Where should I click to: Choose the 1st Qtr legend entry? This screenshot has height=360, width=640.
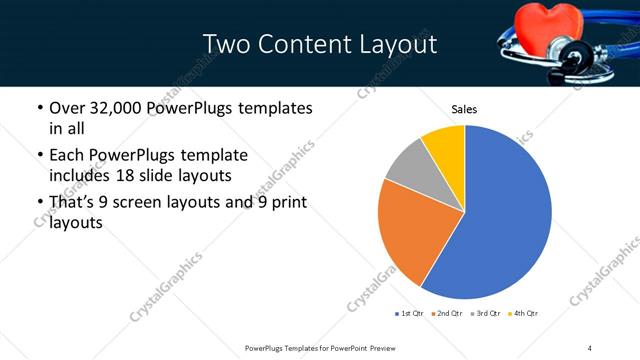pyautogui.click(x=409, y=314)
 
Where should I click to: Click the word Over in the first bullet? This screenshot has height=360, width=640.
pyautogui.click(x=68, y=108)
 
